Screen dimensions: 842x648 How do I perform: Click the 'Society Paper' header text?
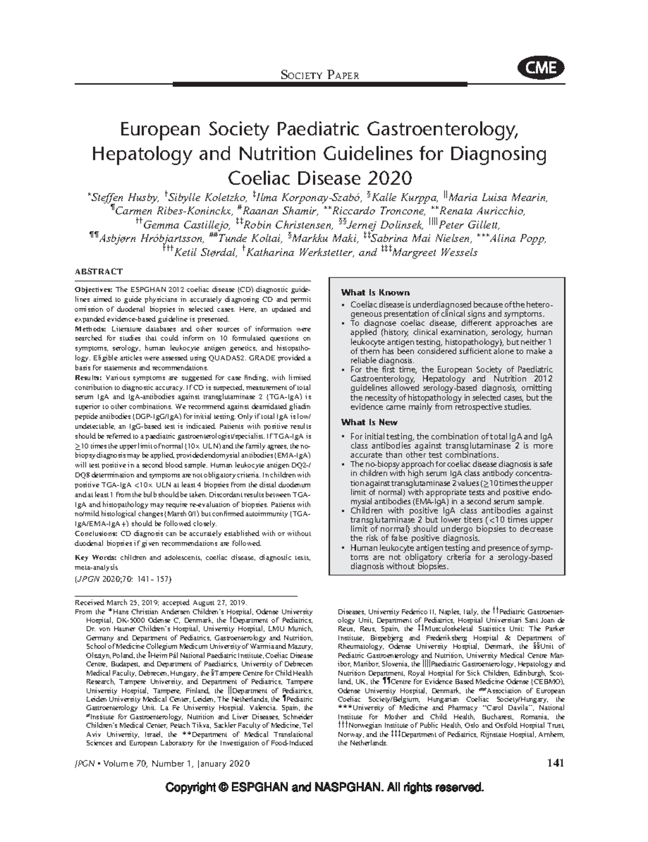pyautogui.click(x=320, y=75)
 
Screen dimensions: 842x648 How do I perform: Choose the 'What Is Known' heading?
pyautogui.click(x=375, y=293)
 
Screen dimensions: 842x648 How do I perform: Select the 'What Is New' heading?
pyautogui.click(x=369, y=422)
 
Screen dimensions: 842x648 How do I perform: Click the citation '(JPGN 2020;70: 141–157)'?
pyautogui.click(x=123, y=578)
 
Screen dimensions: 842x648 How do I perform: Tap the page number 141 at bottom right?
pyautogui.click(x=555, y=763)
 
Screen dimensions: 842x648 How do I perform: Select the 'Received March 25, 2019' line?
pyautogui.click(x=161, y=602)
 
